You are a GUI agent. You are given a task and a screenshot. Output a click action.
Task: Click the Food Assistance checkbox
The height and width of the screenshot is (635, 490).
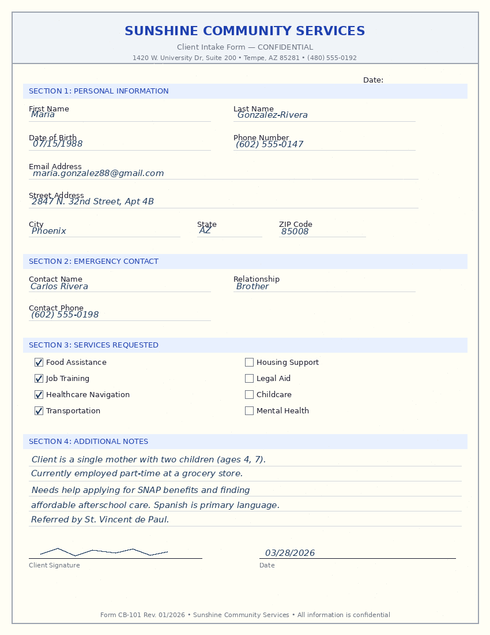(39, 363)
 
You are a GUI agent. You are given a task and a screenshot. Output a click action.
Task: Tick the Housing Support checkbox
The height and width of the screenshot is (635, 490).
(249, 363)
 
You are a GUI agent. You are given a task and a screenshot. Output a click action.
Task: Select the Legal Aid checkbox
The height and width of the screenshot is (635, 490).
(249, 379)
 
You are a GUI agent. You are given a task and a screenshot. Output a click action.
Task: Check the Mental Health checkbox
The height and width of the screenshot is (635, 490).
(249, 411)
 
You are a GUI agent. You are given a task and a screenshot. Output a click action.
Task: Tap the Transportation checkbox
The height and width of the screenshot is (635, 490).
(39, 411)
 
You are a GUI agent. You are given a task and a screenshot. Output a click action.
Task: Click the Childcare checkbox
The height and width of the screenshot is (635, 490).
(249, 395)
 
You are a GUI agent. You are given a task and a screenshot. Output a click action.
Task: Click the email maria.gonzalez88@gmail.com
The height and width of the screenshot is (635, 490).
(98, 173)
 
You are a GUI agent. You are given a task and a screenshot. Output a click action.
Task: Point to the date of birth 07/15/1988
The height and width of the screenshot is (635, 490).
(58, 144)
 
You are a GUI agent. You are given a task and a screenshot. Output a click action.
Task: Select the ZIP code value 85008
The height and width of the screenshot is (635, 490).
(295, 231)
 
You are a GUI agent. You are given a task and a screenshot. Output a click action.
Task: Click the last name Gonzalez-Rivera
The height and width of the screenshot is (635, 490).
(272, 115)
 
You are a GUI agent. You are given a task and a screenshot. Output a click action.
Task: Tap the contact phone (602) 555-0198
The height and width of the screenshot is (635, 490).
(65, 315)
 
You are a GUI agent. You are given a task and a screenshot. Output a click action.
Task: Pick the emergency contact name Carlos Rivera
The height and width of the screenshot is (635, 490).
(59, 286)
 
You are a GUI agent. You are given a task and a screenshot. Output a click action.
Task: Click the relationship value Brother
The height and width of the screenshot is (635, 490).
(252, 286)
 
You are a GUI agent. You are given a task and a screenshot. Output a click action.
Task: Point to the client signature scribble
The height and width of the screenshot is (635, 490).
(104, 552)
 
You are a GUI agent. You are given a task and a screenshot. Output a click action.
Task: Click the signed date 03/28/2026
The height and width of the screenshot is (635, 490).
(290, 553)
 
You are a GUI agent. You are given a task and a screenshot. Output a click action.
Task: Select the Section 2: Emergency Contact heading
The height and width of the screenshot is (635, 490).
(93, 262)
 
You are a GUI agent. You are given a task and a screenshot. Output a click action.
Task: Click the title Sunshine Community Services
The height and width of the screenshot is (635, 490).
(244, 31)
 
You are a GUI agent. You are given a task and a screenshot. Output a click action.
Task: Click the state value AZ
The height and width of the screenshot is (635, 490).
(205, 230)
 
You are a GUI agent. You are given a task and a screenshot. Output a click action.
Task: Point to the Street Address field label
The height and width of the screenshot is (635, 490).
(56, 196)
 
